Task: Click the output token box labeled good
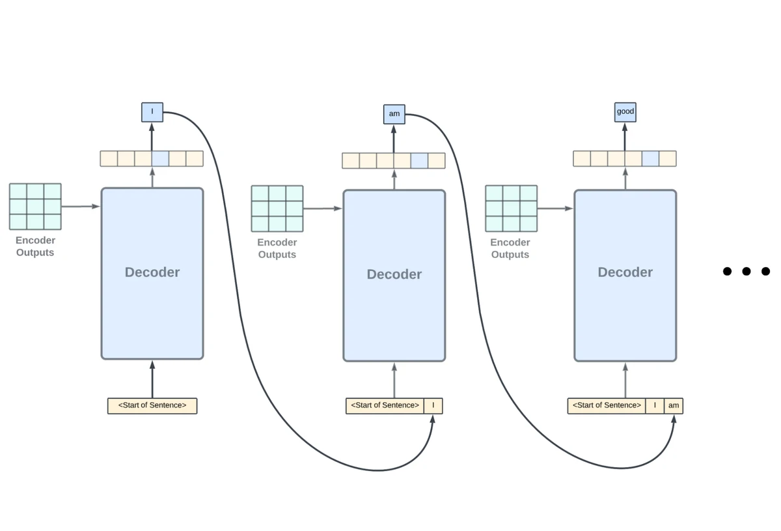pos(625,112)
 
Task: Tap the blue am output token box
pos(394,114)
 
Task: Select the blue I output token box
pos(152,112)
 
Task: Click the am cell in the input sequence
pos(674,406)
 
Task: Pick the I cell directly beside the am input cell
pos(655,406)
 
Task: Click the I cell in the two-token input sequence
pos(433,406)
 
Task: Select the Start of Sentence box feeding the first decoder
pos(152,406)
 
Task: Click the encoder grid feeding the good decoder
pos(511,208)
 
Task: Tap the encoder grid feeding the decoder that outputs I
pos(35,207)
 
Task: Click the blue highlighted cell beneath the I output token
pos(160,158)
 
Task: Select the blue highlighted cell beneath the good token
pos(650,158)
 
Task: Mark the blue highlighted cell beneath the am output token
pos(419,160)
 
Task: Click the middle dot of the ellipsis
pos(747,271)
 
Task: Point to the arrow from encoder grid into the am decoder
pos(323,208)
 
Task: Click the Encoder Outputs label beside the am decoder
pos(277,248)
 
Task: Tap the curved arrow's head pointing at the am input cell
pos(674,418)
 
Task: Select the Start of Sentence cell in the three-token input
pos(607,406)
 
